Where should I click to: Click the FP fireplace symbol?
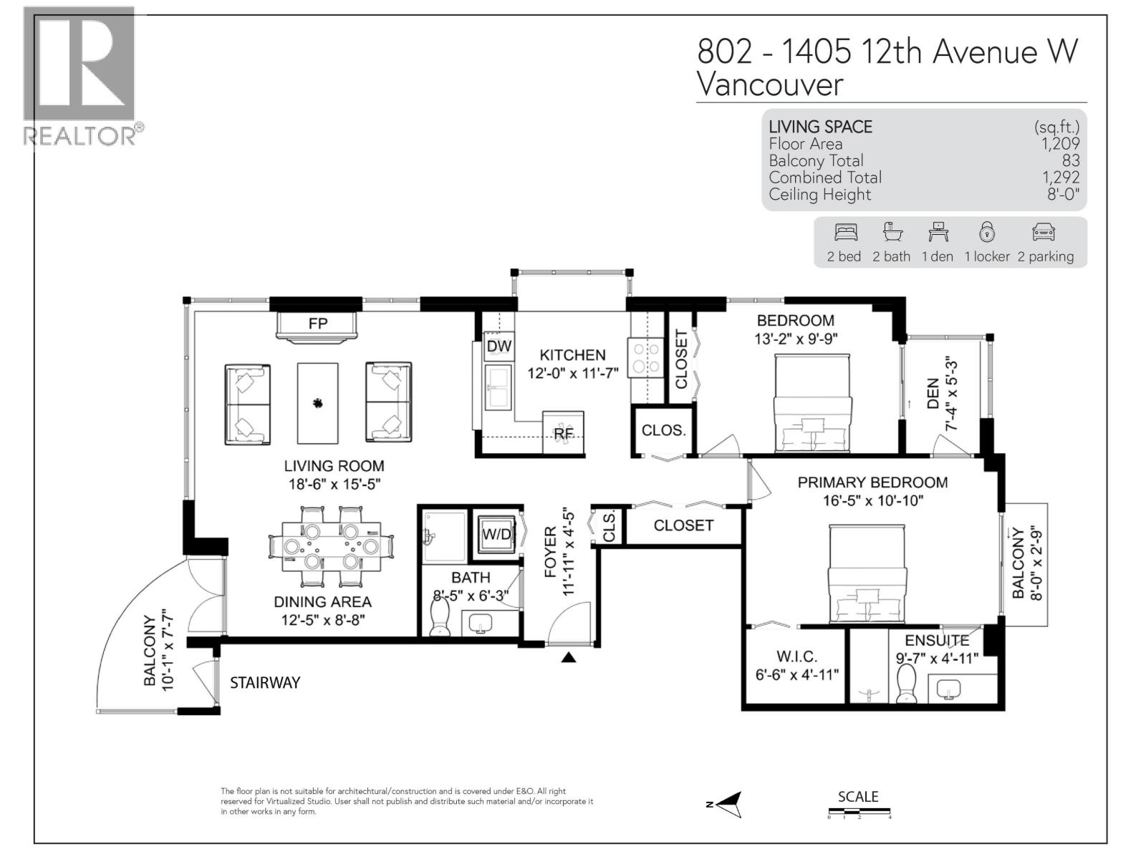pyautogui.click(x=317, y=326)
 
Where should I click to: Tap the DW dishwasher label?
pyautogui.click(x=499, y=346)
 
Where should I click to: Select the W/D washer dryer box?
pyautogui.click(x=496, y=534)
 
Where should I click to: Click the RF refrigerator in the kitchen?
pyautogui.click(x=564, y=432)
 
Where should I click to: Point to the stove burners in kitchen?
pyautogui.click(x=645, y=357)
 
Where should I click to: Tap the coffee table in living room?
pyautogui.click(x=317, y=403)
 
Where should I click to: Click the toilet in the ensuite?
pyautogui.click(x=907, y=683)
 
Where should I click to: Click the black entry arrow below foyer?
pyautogui.click(x=568, y=657)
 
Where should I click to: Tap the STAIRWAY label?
pyautogui.click(x=264, y=683)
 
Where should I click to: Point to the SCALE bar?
pyautogui.click(x=859, y=812)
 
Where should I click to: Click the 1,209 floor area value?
pyautogui.click(x=1060, y=144)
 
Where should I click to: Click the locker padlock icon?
pyautogui.click(x=987, y=233)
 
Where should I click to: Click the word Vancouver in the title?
pyautogui.click(x=770, y=84)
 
